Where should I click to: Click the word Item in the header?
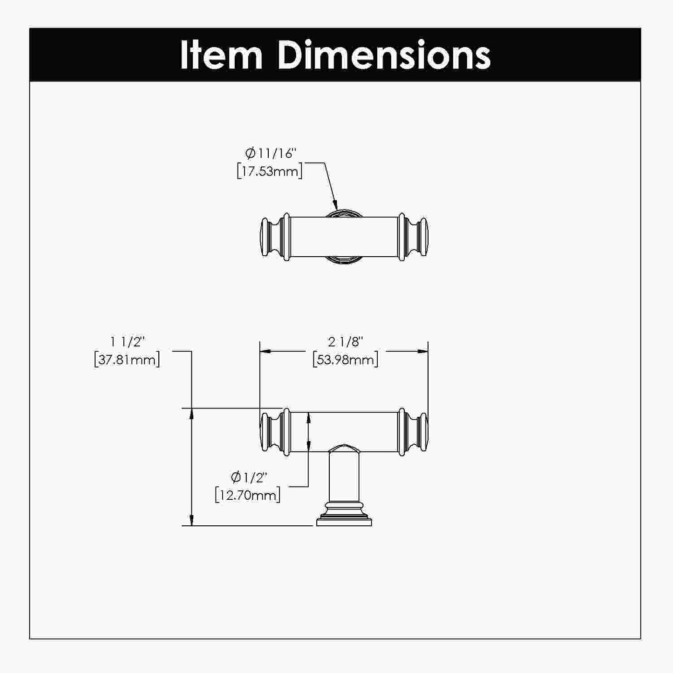click(x=221, y=55)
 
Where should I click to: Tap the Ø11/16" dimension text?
click(x=271, y=153)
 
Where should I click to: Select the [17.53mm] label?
click(x=270, y=171)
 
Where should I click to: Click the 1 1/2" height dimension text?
click(x=128, y=342)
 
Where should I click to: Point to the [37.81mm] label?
click(x=127, y=360)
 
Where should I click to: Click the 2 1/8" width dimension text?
click(x=345, y=342)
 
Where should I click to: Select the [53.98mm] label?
click(x=345, y=360)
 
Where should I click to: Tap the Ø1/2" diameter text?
click(x=249, y=477)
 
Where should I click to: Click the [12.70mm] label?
click(x=248, y=495)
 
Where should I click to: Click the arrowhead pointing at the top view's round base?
click(x=334, y=205)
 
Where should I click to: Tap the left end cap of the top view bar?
click(x=271, y=236)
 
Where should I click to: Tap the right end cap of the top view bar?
click(x=417, y=236)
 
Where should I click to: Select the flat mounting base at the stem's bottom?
click(x=344, y=522)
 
